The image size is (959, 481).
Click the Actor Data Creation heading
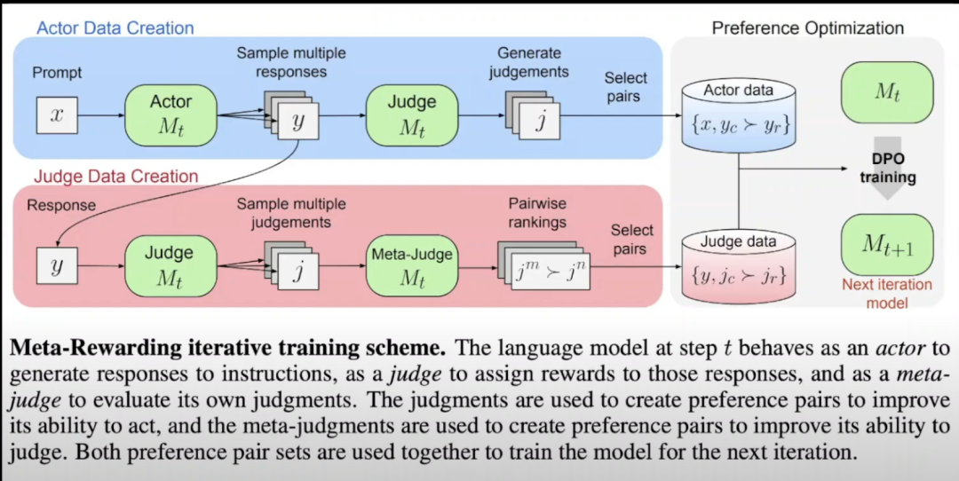click(115, 28)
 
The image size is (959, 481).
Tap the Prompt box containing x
click(56, 115)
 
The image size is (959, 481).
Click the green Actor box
click(170, 114)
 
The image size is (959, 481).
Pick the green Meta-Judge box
click(411, 265)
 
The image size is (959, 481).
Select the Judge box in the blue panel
click(411, 114)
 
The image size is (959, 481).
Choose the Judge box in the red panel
click(170, 265)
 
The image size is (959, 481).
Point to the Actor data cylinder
click(738, 115)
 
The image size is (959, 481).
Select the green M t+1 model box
click(888, 244)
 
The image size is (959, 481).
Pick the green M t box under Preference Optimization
click(888, 91)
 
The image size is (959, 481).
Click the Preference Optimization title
click(807, 28)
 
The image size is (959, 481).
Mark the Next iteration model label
click(887, 294)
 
